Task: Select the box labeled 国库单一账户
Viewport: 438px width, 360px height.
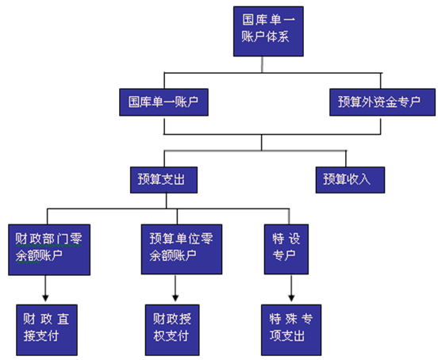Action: (x=164, y=102)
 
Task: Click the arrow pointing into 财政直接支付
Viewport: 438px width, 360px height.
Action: (x=44, y=287)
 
